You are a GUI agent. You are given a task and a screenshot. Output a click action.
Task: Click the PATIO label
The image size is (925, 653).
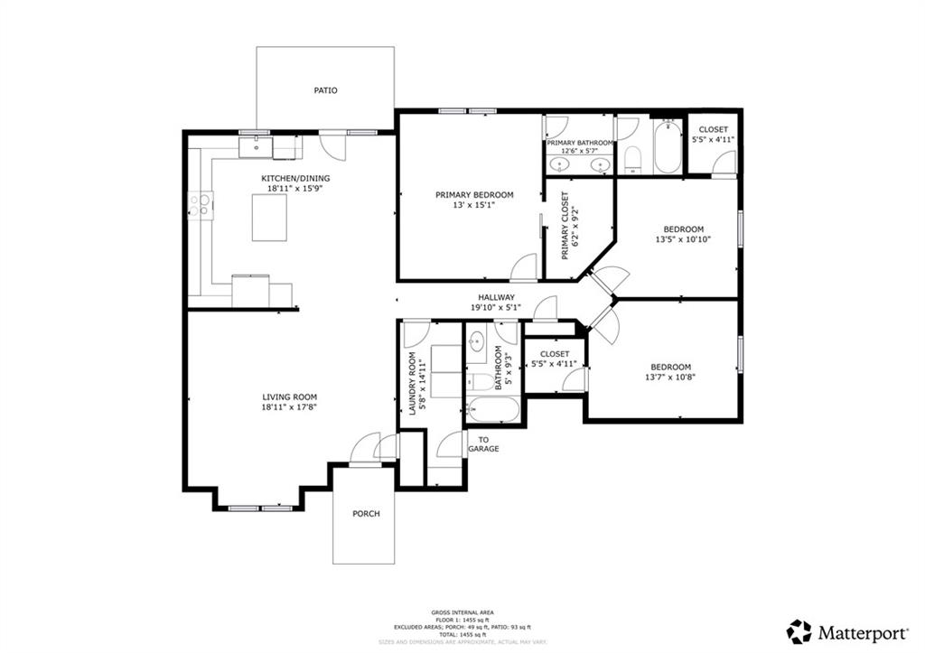pos(325,90)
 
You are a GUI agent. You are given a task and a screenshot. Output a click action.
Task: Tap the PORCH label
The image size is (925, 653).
pos(366,514)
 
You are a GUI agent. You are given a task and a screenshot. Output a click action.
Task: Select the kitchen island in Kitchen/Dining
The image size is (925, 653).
pos(269,217)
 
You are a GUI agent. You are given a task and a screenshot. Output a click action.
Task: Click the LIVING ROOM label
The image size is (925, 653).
pos(289,396)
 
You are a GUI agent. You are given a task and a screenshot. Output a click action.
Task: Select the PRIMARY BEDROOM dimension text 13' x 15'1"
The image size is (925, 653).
pos(474,205)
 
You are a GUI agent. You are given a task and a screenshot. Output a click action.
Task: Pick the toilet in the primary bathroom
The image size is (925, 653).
pos(632,159)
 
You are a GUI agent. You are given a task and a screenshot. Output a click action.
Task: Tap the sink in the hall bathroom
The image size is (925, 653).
pos(478,343)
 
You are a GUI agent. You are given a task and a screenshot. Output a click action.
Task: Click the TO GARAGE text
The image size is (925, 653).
pos(483,443)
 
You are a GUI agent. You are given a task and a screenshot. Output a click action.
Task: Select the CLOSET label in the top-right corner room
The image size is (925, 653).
pos(713,129)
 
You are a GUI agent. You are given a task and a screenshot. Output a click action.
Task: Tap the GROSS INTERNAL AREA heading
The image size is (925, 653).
pos(462,612)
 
